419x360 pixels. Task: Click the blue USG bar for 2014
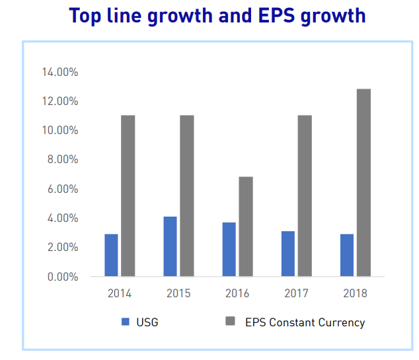point(111,255)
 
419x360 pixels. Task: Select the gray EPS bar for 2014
point(128,196)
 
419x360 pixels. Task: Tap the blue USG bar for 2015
point(170,246)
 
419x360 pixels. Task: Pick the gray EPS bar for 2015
point(187,196)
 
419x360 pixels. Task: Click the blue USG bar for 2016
point(229,249)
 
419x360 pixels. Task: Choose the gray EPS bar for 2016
point(246,226)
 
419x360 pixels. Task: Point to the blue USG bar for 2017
point(287,254)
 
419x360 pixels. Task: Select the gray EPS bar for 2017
point(305,196)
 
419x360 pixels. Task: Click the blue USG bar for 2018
point(346,255)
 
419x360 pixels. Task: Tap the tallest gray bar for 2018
point(363,182)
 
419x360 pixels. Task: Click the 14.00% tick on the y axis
point(59,72)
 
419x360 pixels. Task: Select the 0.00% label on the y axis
point(61,277)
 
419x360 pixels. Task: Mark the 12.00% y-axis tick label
point(59,101)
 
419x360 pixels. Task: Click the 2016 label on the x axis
point(237,293)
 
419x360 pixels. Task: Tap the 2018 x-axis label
point(355,293)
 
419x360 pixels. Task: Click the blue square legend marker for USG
point(126,322)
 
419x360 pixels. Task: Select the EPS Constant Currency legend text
point(305,322)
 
